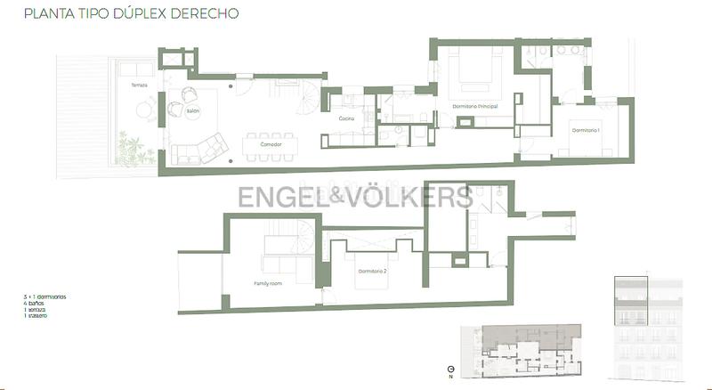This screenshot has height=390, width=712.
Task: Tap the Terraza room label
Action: click(x=139, y=85)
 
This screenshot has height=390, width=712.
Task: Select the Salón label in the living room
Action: click(x=193, y=111)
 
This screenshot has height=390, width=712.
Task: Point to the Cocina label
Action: click(x=347, y=118)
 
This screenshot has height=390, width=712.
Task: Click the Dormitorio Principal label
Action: click(x=475, y=106)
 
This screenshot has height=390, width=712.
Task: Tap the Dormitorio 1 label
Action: click(x=586, y=131)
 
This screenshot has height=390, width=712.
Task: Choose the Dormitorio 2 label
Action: click(x=372, y=270)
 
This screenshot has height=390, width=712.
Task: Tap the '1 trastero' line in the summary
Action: click(x=36, y=315)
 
